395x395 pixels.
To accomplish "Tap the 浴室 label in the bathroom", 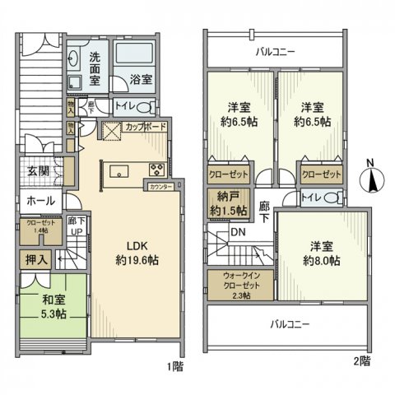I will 140,80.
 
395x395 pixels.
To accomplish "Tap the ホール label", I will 40,201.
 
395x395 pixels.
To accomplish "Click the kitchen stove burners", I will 156,170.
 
